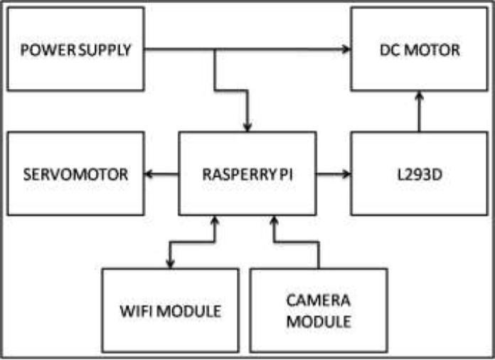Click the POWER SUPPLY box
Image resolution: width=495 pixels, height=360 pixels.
[x=75, y=49]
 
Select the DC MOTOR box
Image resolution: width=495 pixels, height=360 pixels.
[x=419, y=49]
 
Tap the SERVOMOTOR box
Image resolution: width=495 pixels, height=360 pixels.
[x=75, y=173]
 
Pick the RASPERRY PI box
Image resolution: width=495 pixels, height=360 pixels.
[x=247, y=173]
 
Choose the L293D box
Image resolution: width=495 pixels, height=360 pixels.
[x=419, y=173]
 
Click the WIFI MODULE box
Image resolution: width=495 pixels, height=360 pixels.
[x=170, y=310]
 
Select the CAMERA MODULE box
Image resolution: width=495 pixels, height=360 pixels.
[x=319, y=310]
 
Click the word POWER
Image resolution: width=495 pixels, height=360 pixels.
[x=45, y=50]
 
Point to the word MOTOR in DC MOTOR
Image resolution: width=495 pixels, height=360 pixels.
[x=438, y=50]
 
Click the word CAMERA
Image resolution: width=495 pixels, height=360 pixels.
[x=319, y=301]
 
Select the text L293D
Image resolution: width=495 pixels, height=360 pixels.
[x=419, y=173]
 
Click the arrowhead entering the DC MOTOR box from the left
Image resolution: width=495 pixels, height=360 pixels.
[x=347, y=49]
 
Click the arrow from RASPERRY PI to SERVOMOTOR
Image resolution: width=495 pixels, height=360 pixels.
[x=161, y=173]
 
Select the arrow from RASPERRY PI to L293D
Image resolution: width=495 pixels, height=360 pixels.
[x=333, y=173]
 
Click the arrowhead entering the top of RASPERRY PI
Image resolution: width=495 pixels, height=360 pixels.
[x=247, y=127]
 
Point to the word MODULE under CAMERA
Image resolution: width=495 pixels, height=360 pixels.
[x=319, y=321]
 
